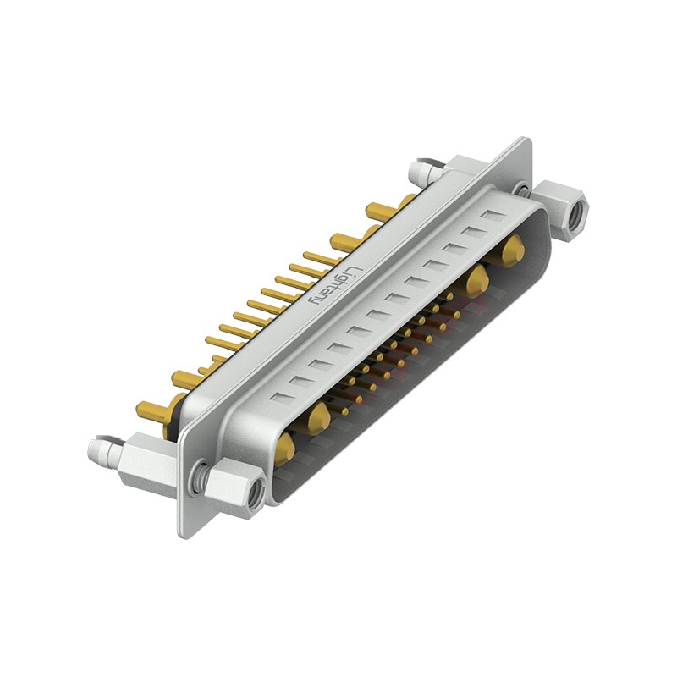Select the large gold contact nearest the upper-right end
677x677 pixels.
point(512,250)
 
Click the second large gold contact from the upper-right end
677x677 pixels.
point(478,278)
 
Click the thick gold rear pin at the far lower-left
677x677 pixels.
point(151,410)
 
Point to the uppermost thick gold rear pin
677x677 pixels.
point(378,211)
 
